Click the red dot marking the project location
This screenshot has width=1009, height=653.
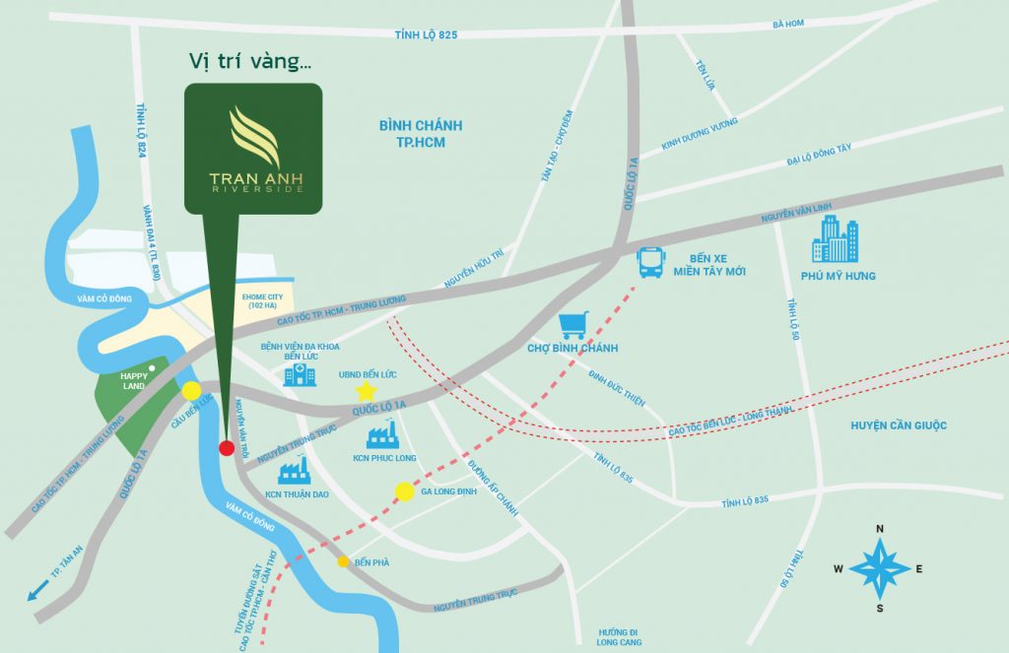pos(226,448)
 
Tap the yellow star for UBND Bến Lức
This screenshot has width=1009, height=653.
pos(365,391)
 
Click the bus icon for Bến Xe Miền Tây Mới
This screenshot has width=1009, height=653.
pos(651,262)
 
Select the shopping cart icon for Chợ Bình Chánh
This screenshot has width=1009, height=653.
pos(573,326)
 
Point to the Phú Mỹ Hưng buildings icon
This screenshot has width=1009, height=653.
pos(835,239)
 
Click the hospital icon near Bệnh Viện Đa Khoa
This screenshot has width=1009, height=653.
pos(300,373)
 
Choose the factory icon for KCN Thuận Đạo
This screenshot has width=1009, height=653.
pos(294,470)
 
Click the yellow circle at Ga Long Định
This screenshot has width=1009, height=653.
pos(404,491)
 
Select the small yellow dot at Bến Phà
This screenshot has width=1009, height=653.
pos(343,562)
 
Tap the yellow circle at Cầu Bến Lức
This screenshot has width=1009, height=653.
pos(191,391)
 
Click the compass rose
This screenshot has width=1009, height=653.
pos(880,567)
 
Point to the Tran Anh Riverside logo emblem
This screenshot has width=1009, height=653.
pos(253,137)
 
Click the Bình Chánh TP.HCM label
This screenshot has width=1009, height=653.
pos(420,134)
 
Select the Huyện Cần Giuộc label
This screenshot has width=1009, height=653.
pos(899,425)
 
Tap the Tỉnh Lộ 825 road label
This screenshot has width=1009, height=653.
pos(426,35)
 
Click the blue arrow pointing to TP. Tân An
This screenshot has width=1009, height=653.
pos(38,592)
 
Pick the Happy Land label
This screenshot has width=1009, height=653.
pos(133,380)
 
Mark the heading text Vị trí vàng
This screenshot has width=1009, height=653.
pos(250,61)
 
